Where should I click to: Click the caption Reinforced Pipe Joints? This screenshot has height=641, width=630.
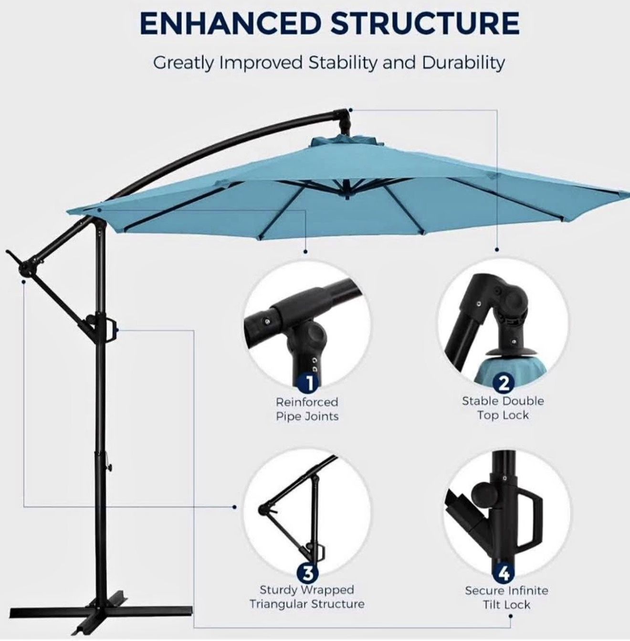307,409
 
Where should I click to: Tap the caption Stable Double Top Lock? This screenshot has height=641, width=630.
503,408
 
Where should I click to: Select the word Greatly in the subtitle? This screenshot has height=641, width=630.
182,63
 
